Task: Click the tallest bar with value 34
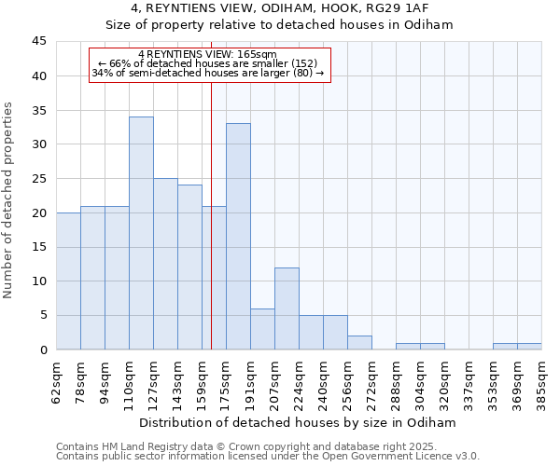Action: tap(141, 233)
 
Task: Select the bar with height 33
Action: tap(238, 237)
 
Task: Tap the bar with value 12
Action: tap(287, 308)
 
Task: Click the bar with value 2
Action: tap(359, 343)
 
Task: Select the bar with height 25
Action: tap(165, 264)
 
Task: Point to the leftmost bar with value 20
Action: tap(68, 281)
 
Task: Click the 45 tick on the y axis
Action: tap(39, 42)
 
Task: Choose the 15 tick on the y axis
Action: tap(39, 247)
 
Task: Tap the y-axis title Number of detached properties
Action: tap(9, 200)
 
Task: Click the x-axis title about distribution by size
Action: tap(299, 422)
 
